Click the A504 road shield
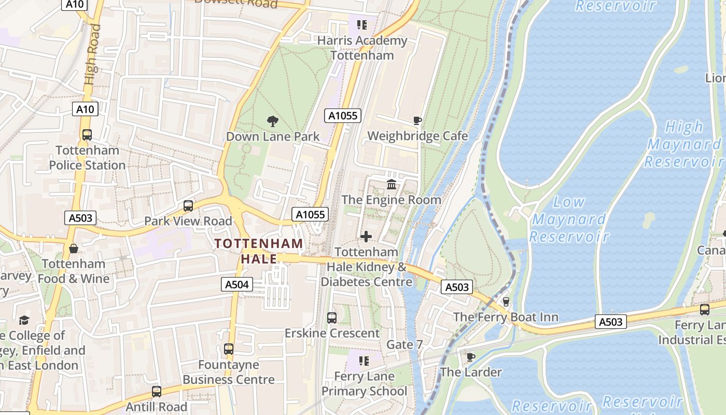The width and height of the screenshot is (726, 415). [x=238, y=284]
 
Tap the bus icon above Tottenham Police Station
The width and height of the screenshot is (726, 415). [x=87, y=135]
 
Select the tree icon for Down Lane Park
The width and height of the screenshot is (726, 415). [x=272, y=122]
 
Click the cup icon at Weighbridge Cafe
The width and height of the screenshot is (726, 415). [x=417, y=121]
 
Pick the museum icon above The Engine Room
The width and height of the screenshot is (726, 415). [x=392, y=185]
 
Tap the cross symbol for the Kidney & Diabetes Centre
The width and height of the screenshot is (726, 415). [x=366, y=237]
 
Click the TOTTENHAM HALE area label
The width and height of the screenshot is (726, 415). [x=259, y=251]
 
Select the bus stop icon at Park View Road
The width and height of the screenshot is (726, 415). [x=188, y=206]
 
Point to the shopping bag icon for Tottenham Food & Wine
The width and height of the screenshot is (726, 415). [x=74, y=248]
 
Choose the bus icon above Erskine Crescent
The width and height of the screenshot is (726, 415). [x=332, y=318]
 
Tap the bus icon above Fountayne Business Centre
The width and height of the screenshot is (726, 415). [x=229, y=349]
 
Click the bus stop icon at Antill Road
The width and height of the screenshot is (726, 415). [x=157, y=392]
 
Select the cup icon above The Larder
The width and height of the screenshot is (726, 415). [x=470, y=357]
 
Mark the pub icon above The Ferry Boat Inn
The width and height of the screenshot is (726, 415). [x=506, y=302]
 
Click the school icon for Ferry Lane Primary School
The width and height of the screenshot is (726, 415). [x=364, y=361]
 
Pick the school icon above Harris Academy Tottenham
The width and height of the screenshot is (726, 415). [x=361, y=25]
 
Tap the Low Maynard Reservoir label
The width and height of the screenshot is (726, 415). [x=569, y=219]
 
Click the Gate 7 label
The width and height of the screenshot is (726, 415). [x=404, y=344]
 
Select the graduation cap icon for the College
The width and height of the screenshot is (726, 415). [x=24, y=320]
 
